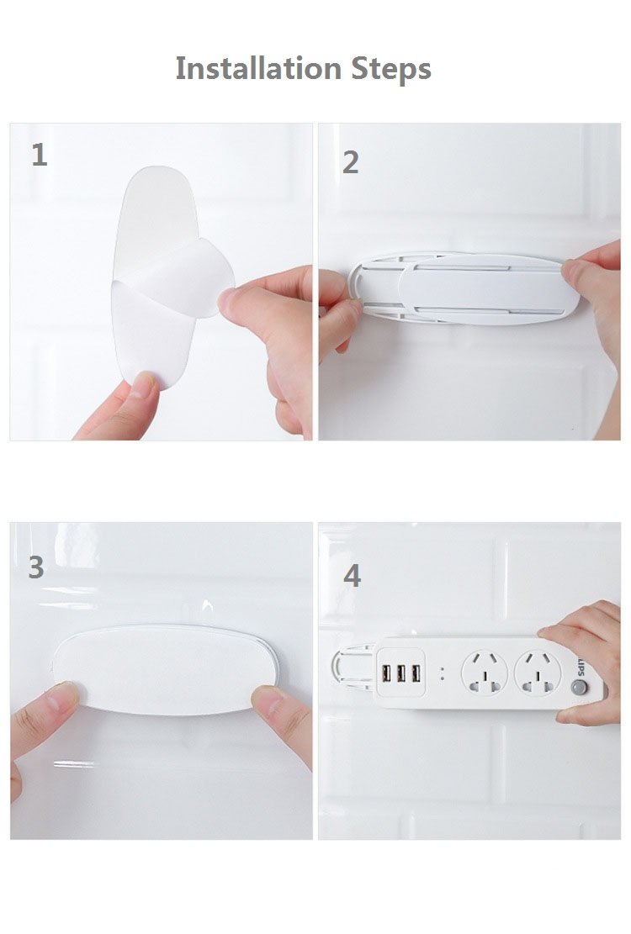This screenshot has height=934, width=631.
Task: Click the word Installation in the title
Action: tap(258, 68)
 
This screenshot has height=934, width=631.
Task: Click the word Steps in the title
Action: tap(391, 69)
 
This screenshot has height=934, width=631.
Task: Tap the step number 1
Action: tap(40, 155)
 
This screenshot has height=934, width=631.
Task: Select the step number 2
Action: tap(350, 162)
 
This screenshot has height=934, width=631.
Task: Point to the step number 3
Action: tap(36, 567)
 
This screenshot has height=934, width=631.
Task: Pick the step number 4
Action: tap(353, 575)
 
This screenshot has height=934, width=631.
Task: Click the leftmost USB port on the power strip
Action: tap(387, 673)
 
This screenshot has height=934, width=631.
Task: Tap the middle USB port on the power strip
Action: tap(401, 673)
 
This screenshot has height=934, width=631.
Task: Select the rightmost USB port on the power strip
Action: tap(416, 673)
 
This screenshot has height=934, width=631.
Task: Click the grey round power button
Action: tap(579, 688)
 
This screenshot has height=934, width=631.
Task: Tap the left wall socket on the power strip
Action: tap(484, 673)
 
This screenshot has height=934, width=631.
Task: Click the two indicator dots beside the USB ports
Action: tap(442, 673)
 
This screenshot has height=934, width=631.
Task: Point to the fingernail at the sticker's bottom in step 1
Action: tap(144, 384)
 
